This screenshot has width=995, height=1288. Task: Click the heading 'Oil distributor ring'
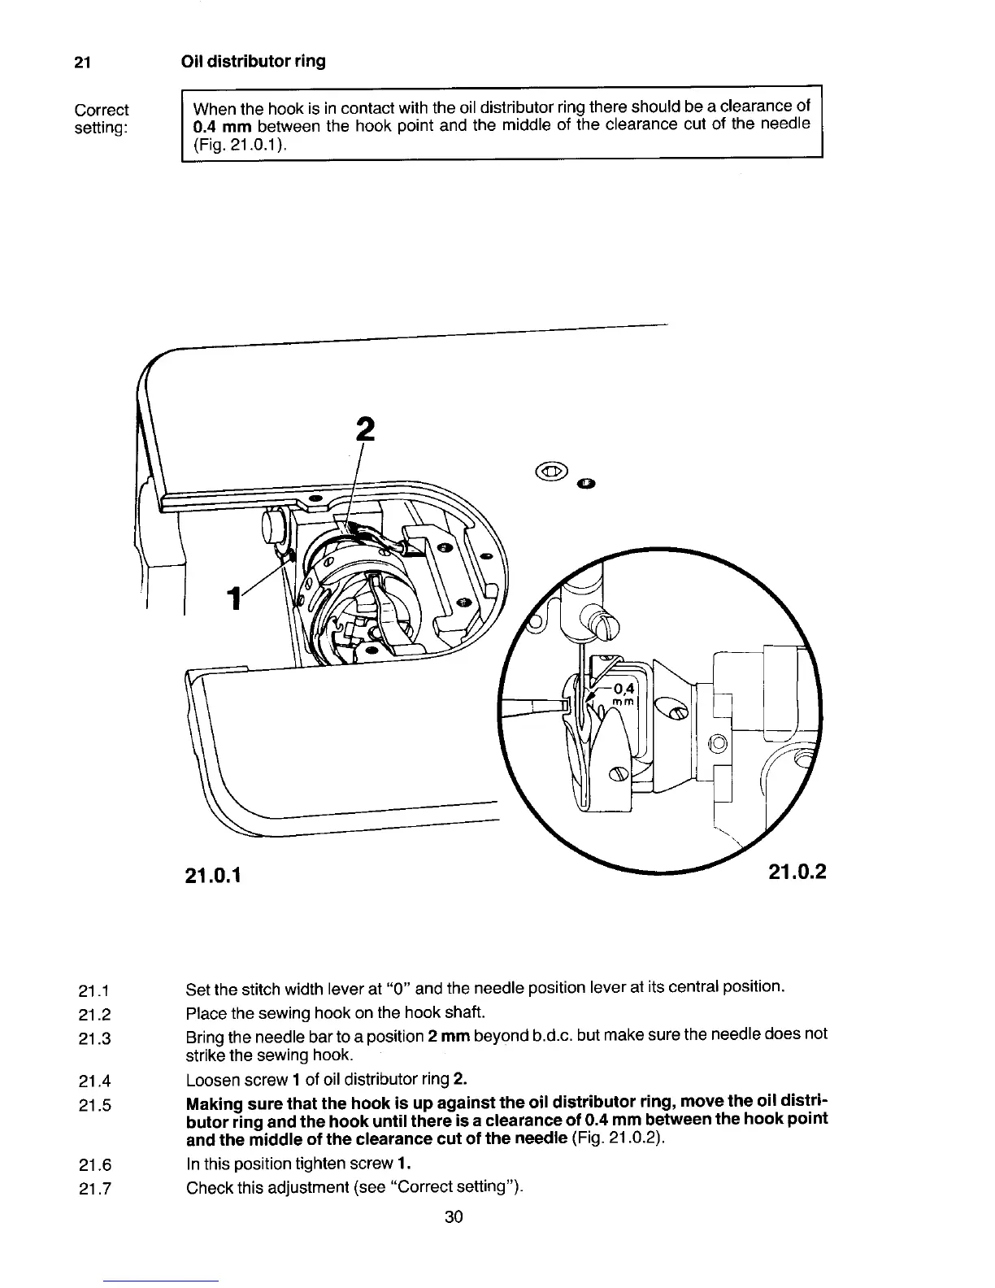click(x=253, y=62)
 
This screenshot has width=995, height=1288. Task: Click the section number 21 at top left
click(x=81, y=63)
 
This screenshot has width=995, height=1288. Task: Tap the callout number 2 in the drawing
click(x=366, y=429)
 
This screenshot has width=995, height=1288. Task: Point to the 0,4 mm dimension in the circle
click(x=624, y=694)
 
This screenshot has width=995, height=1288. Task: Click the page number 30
click(x=454, y=1216)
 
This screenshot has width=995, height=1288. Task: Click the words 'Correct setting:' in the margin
click(x=101, y=119)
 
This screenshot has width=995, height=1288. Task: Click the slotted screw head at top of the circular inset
click(x=606, y=625)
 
